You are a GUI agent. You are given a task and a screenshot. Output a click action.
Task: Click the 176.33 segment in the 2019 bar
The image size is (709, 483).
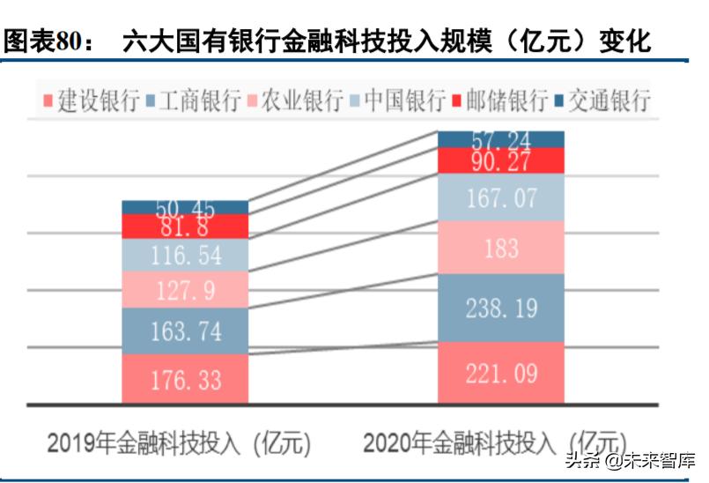pyautogui.click(x=185, y=380)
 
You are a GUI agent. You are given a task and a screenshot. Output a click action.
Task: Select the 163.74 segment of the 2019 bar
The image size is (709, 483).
pyautogui.click(x=185, y=331)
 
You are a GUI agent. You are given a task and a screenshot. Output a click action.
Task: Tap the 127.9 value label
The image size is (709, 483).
pyautogui.click(x=185, y=290)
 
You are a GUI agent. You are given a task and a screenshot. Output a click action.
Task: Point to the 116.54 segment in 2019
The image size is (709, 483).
pyautogui.click(x=185, y=256)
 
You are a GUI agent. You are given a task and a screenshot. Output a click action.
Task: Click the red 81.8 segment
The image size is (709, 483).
pyautogui.click(x=185, y=227)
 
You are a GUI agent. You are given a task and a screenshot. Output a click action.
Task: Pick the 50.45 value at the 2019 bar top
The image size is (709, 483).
pyautogui.click(x=185, y=208)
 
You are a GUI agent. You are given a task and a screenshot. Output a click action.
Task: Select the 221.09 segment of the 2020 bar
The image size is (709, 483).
pyautogui.click(x=501, y=374)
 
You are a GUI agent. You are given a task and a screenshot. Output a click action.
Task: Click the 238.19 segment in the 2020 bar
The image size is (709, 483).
pyautogui.click(x=501, y=308)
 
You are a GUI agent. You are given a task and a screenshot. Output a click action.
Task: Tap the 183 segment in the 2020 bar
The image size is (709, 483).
pyautogui.click(x=501, y=248)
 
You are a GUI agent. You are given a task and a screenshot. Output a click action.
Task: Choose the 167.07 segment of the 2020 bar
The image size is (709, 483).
pyautogui.click(x=501, y=197)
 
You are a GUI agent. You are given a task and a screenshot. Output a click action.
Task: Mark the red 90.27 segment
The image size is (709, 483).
pyautogui.click(x=501, y=161)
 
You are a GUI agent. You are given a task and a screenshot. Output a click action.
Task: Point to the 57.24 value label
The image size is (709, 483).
pyautogui.click(x=501, y=139)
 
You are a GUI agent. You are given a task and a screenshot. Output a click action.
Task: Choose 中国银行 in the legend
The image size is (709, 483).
pyautogui.click(x=403, y=100)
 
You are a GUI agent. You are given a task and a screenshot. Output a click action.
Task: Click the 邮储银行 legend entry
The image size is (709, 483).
pyautogui.click(x=506, y=100)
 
